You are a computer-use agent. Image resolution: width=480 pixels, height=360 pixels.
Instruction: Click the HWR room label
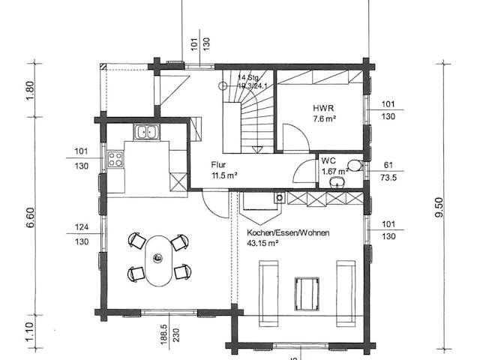pos(322,108)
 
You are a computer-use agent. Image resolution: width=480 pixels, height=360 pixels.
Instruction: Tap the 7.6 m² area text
pos(324,118)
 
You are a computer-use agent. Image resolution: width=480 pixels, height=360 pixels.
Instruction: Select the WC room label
pos(328,160)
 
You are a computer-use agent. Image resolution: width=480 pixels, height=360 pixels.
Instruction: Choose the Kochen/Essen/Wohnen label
pos(288,232)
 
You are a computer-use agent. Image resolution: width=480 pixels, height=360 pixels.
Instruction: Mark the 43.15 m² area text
pos(263,243)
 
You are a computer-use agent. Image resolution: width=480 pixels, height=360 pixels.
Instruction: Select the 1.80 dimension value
pos(30,90)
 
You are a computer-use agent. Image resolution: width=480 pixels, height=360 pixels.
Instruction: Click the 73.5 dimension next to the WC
pos(388,179)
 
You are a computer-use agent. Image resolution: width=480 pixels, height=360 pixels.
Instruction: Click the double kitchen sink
pos(146,133)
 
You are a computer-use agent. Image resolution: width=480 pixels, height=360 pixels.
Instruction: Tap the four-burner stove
pos(116,159)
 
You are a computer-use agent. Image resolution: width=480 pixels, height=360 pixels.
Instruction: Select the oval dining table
pos(157,259)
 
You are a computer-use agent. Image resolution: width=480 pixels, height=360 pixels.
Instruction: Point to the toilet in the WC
pos(354,166)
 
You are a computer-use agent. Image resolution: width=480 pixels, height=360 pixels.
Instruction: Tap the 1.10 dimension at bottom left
pos(30,331)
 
